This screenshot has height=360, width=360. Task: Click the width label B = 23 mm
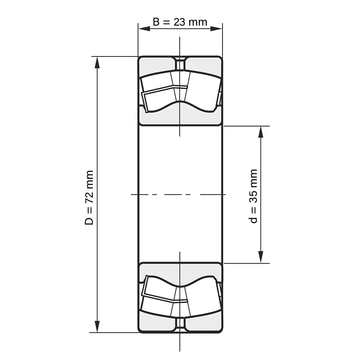click(180, 22)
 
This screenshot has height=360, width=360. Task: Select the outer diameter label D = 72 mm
click(89, 198)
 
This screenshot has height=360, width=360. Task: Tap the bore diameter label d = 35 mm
click(253, 196)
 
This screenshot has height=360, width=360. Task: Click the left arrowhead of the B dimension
click(144, 29)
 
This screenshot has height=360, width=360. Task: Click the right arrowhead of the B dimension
click(216, 29)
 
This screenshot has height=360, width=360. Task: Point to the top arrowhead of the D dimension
click(97, 62)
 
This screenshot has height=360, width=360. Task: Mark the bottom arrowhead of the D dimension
click(97, 326)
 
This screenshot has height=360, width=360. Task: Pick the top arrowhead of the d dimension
click(260, 132)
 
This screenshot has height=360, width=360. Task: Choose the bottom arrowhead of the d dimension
click(260, 257)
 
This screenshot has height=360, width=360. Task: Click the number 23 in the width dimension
click(179, 22)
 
